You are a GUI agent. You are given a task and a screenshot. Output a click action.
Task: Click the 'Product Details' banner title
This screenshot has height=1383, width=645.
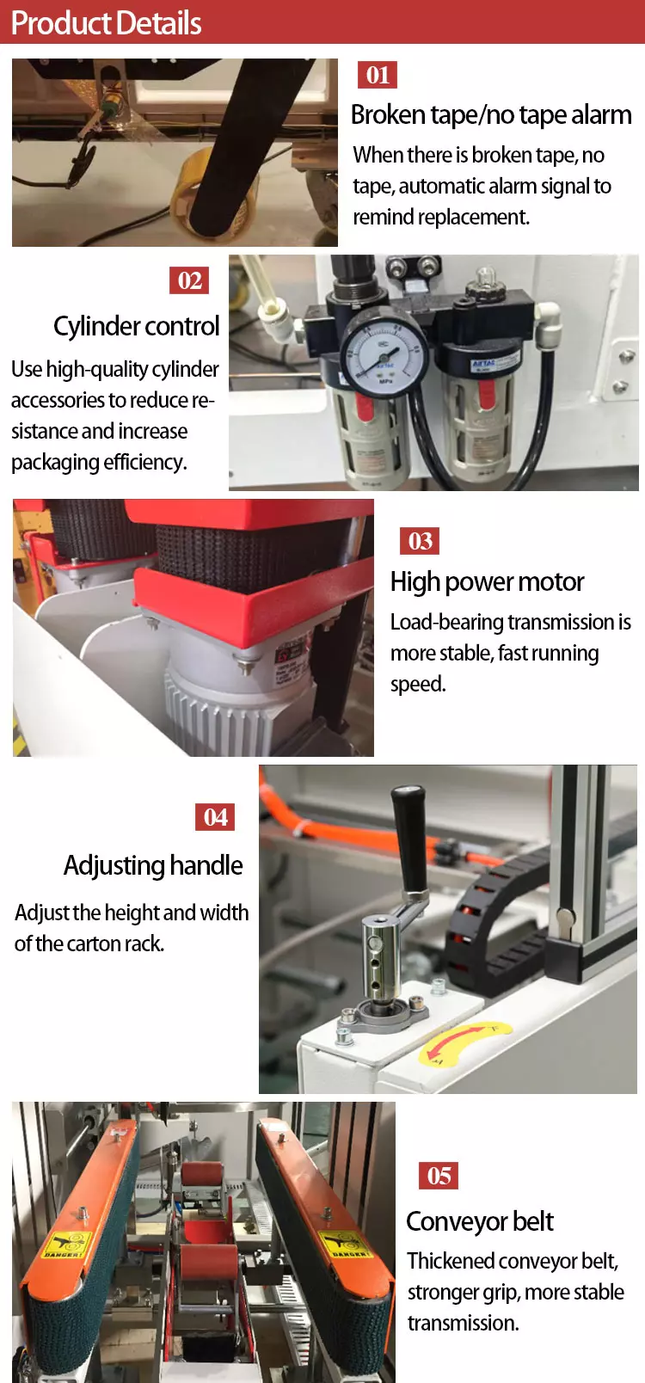106,23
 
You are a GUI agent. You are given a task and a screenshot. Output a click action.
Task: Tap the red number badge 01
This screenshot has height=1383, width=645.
378,75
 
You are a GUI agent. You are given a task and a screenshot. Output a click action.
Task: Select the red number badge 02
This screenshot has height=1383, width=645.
189,280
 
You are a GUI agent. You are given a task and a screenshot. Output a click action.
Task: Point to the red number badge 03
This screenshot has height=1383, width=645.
420,541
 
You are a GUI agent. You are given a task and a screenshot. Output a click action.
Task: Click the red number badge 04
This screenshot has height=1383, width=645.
215,817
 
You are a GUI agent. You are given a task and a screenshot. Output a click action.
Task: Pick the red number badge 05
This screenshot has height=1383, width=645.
439,1176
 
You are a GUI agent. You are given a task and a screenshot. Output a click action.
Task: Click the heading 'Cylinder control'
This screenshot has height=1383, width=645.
137,326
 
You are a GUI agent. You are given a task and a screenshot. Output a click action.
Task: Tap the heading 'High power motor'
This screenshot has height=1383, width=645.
487,582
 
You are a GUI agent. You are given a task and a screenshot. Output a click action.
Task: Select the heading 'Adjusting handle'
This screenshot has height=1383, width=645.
153,865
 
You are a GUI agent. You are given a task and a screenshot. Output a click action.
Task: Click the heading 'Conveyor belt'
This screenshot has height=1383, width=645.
480,1221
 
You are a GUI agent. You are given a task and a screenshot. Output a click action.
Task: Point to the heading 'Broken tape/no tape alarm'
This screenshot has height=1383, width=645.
491,115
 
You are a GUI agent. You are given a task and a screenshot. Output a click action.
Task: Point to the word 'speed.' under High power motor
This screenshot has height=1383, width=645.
418,685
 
